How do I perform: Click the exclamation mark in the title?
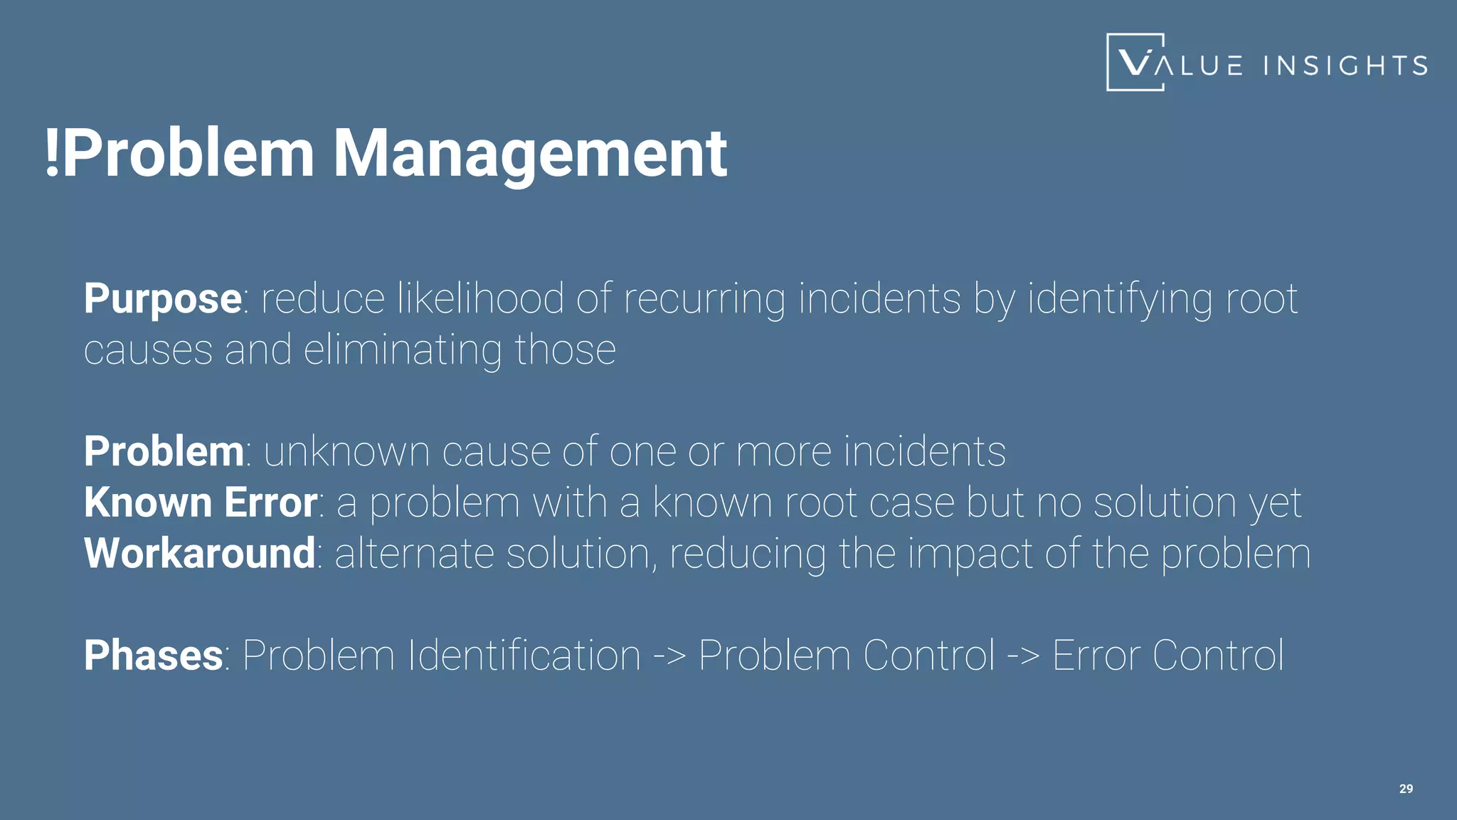click(x=51, y=153)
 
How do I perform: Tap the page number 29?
click(x=1406, y=789)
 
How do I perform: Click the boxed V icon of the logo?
click(x=1135, y=63)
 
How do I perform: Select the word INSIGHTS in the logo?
click(x=1345, y=66)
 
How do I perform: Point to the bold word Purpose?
click(x=163, y=298)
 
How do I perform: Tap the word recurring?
click(x=704, y=298)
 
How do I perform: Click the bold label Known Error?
click(x=201, y=503)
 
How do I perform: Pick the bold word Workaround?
click(x=200, y=553)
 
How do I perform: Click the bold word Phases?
click(x=154, y=656)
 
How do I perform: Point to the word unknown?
click(x=346, y=451)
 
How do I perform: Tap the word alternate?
click(x=414, y=553)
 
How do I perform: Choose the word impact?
click(x=970, y=553)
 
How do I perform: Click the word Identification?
click(x=524, y=656)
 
